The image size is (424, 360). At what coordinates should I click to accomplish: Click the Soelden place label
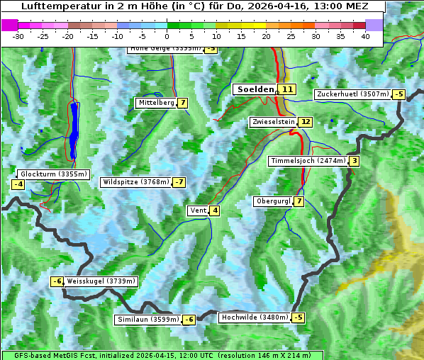(255, 89)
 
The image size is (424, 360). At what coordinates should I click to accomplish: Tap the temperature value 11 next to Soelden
(286, 89)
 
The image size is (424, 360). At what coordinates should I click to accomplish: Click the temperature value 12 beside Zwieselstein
(305, 122)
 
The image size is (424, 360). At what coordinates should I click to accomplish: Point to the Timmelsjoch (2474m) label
(308, 161)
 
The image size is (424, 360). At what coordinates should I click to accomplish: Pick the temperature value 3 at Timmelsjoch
(354, 161)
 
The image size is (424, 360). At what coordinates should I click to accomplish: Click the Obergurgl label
(272, 201)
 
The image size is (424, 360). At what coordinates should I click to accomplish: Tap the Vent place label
(197, 210)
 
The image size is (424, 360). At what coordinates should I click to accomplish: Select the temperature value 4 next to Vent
(214, 210)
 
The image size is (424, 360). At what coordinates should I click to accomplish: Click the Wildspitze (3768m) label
(136, 182)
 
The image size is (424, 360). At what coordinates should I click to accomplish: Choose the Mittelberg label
(156, 103)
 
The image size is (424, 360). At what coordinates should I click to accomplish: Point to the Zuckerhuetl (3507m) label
(352, 94)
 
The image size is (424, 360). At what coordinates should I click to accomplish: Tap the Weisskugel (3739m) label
(100, 281)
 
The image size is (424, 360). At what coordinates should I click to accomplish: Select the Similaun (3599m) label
(147, 320)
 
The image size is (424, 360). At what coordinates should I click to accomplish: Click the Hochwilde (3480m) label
(254, 317)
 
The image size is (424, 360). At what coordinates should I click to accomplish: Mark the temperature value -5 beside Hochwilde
(299, 317)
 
